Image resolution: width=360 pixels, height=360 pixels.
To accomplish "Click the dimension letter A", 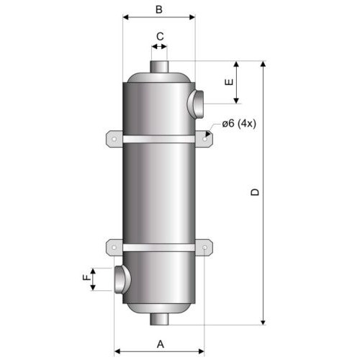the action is point(161,344).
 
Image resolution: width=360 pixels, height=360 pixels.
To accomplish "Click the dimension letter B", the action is point(159,9).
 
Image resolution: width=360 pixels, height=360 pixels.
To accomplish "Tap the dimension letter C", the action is point(160,37).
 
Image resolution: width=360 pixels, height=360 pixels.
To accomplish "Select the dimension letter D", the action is point(255,192).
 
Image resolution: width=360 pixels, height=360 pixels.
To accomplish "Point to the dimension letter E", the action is point(229,82).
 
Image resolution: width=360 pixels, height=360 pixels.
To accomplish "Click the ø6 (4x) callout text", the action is point(239,124).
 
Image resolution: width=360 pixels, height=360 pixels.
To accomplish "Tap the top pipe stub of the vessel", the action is point(159,66).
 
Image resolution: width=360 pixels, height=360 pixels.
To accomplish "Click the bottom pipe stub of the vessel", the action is point(159,320).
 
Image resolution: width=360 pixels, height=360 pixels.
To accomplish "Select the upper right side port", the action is point(195,104).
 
